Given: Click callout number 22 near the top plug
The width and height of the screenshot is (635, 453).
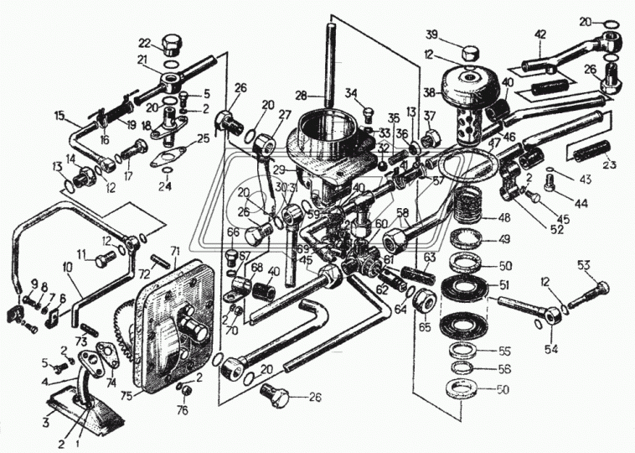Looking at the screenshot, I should pyautogui.click(x=144, y=43).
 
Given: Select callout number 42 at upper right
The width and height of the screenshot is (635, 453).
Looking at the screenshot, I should pyautogui.click(x=540, y=35).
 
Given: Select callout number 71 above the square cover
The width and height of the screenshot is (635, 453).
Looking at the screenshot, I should pyautogui.click(x=175, y=250).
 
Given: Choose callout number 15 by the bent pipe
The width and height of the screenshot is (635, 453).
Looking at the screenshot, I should pyautogui.click(x=59, y=116).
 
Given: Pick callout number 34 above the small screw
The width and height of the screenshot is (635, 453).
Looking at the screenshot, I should pyautogui.click(x=351, y=93).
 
